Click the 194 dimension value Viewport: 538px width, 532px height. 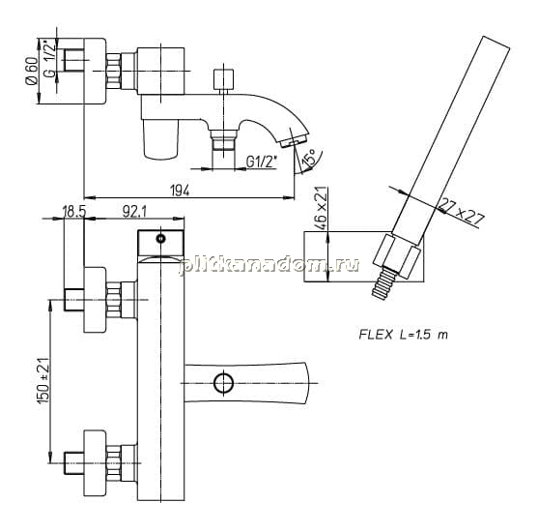coord(180,190)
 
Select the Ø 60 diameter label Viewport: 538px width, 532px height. coord(31,72)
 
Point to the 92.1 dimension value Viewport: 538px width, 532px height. coord(134,212)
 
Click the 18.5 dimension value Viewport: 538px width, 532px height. coord(73,212)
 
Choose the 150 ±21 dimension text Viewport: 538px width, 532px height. coord(44,380)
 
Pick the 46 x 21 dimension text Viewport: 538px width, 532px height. coord(321,208)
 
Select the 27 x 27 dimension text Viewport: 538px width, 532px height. coord(462,214)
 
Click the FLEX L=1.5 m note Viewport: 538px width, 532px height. coord(404,335)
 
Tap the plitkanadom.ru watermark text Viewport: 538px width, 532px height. coord(269,266)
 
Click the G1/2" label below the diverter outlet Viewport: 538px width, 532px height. coord(262,162)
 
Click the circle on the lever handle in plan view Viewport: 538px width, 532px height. coord(223,383)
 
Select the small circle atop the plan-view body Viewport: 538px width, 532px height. coord(160,238)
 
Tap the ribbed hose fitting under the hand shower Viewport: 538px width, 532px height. coord(382,283)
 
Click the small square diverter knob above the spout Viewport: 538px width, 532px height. coord(223,79)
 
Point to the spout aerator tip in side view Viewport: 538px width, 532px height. coord(294,141)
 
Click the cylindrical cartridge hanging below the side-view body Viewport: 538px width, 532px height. coord(160,139)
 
